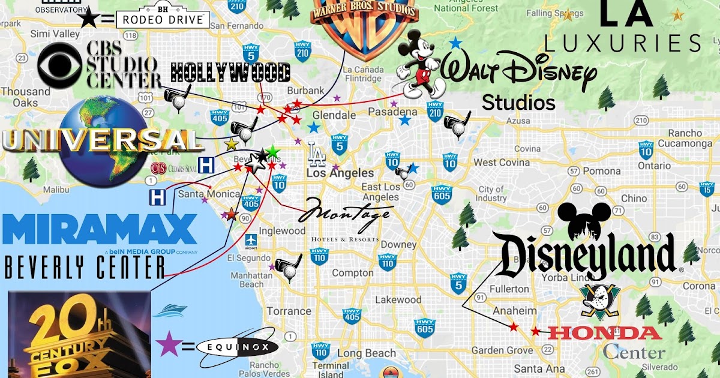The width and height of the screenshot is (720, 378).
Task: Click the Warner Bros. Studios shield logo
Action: (364, 27)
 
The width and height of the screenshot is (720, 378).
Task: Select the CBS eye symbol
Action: (59, 67)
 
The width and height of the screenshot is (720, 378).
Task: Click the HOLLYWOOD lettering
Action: (231, 73)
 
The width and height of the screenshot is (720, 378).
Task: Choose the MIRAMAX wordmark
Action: (100, 230)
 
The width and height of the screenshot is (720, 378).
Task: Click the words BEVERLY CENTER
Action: (84, 267)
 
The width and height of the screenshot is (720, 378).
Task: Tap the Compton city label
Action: (352, 273)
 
